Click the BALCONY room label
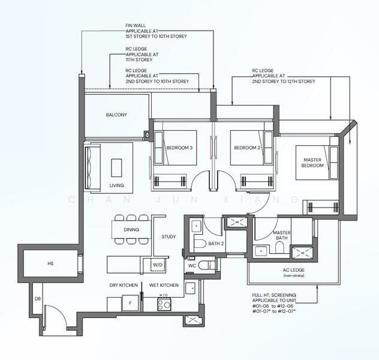pos(116,115)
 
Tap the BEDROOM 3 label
pos(180,148)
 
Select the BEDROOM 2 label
pos(246,148)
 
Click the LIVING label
pos(116,185)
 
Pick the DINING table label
pos(131,229)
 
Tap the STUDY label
pos(169,236)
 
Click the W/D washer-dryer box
pos(157,264)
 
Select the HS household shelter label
pos(50,263)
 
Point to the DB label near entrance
pos(37,298)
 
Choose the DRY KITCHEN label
pos(124,286)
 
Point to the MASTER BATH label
pos(281,236)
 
